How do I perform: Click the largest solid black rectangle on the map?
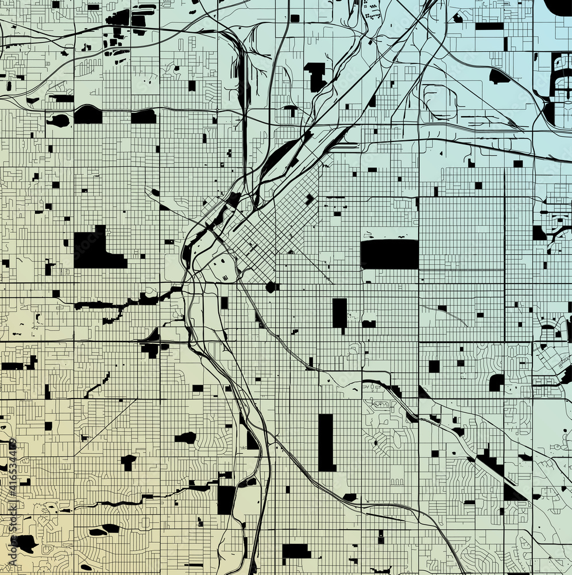coord(389,254)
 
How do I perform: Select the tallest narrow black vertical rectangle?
coord(326,442)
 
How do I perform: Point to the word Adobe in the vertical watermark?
coord(12,554)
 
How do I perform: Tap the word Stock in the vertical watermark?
coord(12,524)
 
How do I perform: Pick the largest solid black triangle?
coord(513,493)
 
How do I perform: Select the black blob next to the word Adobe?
coord(26,542)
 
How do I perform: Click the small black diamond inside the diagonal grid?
coord(310,200)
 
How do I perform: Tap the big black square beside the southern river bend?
coord(226,500)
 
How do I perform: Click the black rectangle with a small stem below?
coord(339,314)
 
